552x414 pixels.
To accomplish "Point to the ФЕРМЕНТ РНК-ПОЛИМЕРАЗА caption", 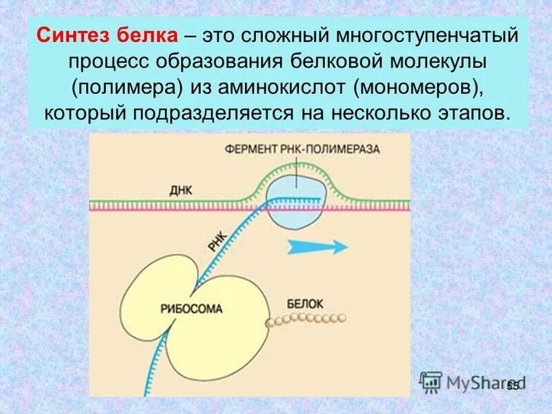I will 301,148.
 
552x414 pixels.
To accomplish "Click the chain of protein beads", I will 304,319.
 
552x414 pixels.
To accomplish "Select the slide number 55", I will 512,386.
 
